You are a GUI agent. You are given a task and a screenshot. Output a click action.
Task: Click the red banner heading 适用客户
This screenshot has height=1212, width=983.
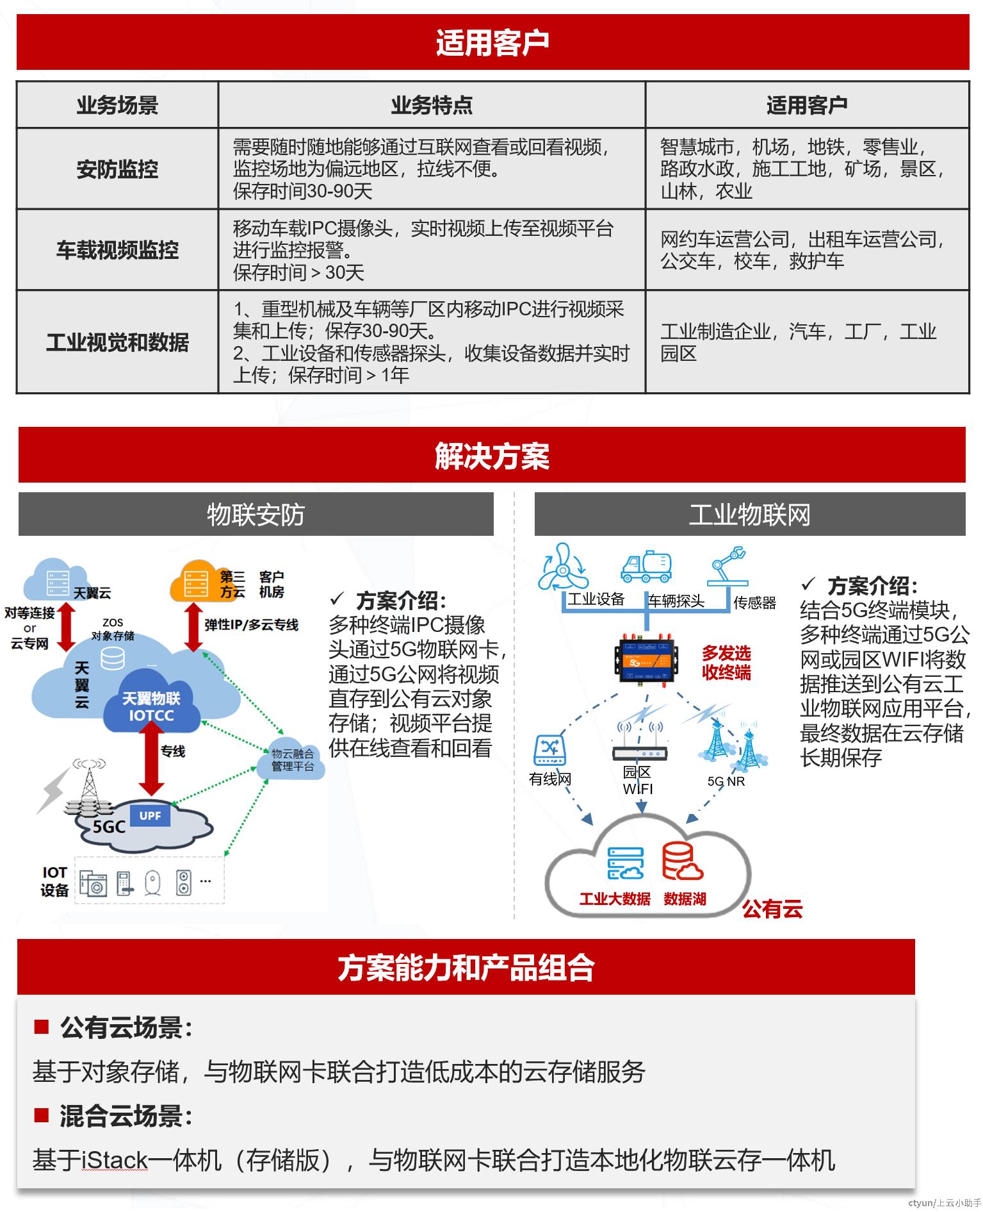(x=492, y=42)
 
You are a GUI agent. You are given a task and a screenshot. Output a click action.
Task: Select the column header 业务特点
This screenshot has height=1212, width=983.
(x=432, y=105)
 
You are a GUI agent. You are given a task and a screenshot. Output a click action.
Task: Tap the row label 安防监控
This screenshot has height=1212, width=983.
(x=117, y=169)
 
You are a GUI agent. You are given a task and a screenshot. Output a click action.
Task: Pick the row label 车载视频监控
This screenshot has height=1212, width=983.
(x=117, y=250)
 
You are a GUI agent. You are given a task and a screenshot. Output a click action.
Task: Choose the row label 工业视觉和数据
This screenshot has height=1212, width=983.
(x=117, y=342)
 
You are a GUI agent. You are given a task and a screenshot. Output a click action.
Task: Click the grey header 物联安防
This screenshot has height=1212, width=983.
(x=256, y=514)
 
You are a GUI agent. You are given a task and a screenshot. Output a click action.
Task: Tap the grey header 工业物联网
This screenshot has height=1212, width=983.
(x=750, y=514)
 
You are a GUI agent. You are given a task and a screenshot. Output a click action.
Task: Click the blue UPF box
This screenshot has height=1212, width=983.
(x=150, y=815)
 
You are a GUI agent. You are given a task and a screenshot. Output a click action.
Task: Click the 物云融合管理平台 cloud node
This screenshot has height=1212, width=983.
(x=292, y=760)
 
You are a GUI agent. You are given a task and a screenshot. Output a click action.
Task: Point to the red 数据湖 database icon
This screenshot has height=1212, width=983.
(x=683, y=861)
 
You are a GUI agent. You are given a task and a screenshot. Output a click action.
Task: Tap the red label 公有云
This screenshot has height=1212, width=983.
(x=772, y=908)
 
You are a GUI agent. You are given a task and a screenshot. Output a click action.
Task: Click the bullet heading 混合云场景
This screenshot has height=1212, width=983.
(x=126, y=1116)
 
